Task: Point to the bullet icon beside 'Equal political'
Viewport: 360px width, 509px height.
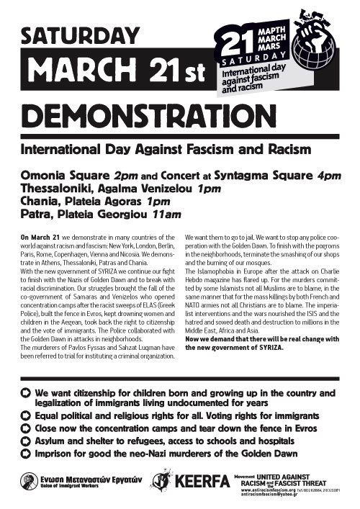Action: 27,414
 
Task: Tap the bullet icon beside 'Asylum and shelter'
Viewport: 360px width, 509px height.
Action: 27,441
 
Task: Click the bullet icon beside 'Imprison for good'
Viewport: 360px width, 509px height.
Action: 27,454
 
